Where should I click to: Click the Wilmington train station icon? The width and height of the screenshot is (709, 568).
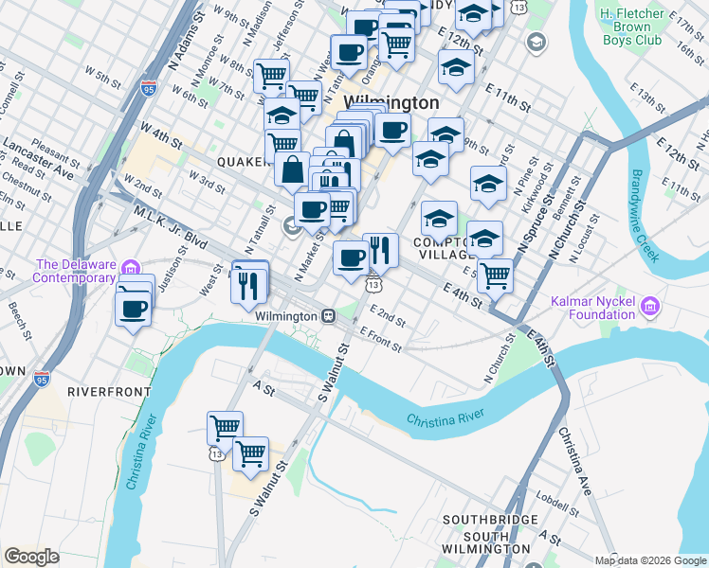328,315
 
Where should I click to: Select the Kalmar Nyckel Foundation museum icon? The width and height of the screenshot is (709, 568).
649,305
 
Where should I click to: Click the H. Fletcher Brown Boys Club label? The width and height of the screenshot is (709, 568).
643,27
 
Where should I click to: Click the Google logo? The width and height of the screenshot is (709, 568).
31,556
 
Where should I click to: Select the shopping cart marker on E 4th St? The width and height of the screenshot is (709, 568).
495,276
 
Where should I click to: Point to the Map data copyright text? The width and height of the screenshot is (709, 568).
649,559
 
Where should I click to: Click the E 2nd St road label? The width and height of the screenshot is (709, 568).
388,316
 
